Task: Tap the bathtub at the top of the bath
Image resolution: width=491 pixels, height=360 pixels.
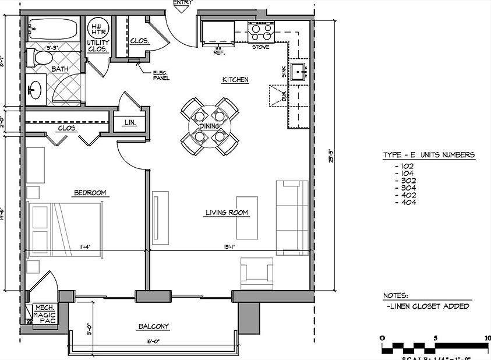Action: tap(52, 29)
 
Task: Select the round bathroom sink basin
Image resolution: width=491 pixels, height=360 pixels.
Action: tap(34, 90)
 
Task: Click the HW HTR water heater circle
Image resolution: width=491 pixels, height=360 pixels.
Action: tap(97, 29)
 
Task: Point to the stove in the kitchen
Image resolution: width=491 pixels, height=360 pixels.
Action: tap(261, 30)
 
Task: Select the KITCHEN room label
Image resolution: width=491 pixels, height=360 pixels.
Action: tap(235, 79)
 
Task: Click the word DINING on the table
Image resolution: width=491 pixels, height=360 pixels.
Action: tap(209, 126)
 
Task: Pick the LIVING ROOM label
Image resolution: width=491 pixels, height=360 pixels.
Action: tap(227, 213)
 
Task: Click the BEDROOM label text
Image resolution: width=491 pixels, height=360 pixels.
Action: tap(89, 193)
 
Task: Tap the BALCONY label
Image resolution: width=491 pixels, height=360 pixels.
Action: tap(154, 326)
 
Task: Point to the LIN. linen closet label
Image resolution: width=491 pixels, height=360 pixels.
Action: tap(130, 123)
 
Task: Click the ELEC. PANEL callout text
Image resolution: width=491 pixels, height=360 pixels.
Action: tap(161, 75)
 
